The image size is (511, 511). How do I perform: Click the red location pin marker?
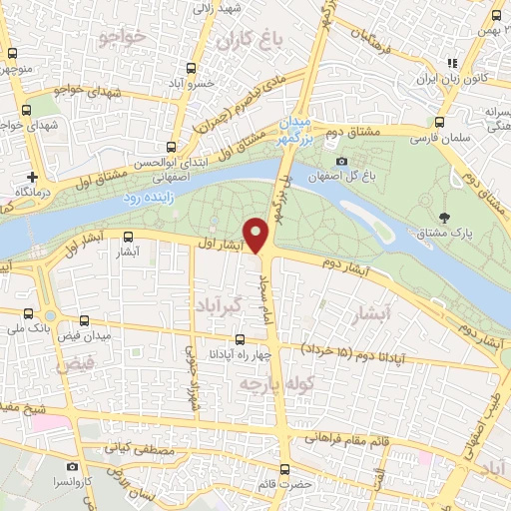pyautogui.click(x=257, y=235)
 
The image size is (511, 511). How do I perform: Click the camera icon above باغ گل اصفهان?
pyautogui.click(x=342, y=162)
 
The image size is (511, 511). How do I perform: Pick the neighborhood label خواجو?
pyautogui.click(x=124, y=37)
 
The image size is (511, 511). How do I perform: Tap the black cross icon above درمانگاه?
pyautogui.click(x=33, y=177)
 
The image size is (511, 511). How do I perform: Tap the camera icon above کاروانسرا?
pyautogui.click(x=72, y=466)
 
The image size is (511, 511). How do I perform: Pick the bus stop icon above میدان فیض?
pyautogui.click(x=84, y=322)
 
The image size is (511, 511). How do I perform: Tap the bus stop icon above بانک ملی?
pyautogui.click(x=19, y=310)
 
